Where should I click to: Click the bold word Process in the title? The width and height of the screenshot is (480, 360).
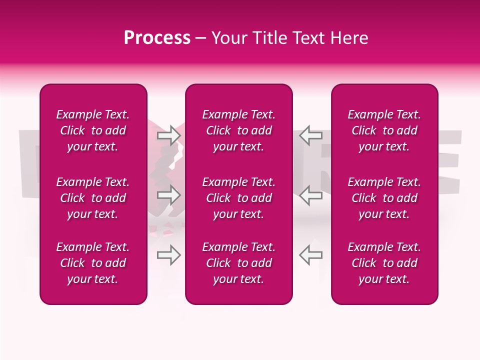[157, 38]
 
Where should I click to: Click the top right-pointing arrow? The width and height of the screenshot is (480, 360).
[168, 135]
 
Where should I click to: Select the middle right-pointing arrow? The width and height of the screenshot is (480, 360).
[168, 195]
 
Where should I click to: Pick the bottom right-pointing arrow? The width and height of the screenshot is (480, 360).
[168, 255]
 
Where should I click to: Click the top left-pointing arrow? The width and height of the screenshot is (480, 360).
[310, 135]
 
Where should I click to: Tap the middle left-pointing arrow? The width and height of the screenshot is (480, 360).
[310, 195]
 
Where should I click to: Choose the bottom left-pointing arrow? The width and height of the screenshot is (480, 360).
[310, 255]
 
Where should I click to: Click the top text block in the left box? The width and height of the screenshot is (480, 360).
[93, 130]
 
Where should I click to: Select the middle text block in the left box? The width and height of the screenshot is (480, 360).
[93, 198]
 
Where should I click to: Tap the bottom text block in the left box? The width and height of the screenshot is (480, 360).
[93, 263]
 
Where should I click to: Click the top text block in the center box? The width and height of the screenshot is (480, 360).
[238, 130]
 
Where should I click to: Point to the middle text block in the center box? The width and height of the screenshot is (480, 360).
[238, 198]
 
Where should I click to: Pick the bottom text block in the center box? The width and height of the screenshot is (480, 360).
[238, 263]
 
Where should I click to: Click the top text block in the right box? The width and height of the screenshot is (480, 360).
[384, 130]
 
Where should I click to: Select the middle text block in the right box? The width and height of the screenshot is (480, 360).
[384, 198]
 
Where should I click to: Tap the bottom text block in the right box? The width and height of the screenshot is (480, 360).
[384, 263]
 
